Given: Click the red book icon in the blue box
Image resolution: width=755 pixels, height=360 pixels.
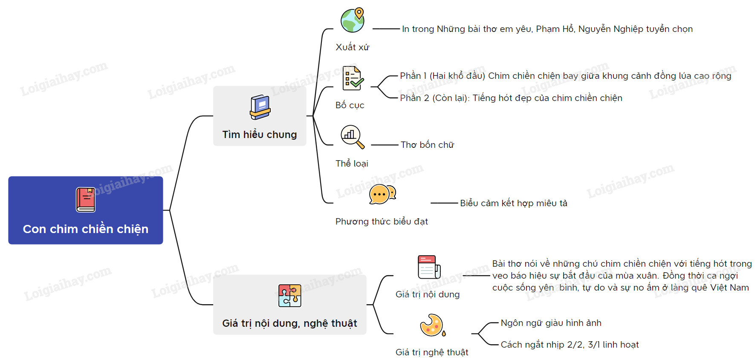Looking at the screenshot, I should pos(85,199).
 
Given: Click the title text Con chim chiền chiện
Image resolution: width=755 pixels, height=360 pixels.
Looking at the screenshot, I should pos(86,229).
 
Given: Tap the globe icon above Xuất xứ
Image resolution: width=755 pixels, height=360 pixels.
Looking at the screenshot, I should pos(353,20).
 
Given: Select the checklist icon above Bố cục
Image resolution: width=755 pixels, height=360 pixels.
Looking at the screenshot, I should pos(353,78).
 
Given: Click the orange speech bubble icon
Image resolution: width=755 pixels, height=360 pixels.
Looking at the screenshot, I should pos(382,195).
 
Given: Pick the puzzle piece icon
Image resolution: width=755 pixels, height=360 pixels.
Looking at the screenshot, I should pos(289,296).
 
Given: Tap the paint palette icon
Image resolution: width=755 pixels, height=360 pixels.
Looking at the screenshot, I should pos(432,325).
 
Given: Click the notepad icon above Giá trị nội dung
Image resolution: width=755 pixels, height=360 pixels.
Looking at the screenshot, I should pos(428,267).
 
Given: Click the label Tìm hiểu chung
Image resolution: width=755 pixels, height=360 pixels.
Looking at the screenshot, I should pos(260,135).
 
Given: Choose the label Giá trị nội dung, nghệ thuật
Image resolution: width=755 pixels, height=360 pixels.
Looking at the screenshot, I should pos(289,323).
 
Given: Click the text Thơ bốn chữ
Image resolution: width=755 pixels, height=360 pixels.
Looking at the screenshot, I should pos(427,145).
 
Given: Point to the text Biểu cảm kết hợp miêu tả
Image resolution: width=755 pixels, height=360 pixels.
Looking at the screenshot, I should pos(513,203).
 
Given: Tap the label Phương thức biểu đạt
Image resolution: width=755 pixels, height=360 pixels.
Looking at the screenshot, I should pos(382,222).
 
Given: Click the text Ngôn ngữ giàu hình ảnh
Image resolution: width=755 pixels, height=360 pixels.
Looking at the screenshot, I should pos(551,323).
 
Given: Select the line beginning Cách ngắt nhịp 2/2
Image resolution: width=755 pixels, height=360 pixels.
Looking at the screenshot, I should pos(570,345).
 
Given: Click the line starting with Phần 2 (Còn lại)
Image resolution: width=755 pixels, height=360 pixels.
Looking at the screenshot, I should pos(511,98).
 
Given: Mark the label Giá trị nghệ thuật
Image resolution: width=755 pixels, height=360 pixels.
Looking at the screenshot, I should pos(432,352).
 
